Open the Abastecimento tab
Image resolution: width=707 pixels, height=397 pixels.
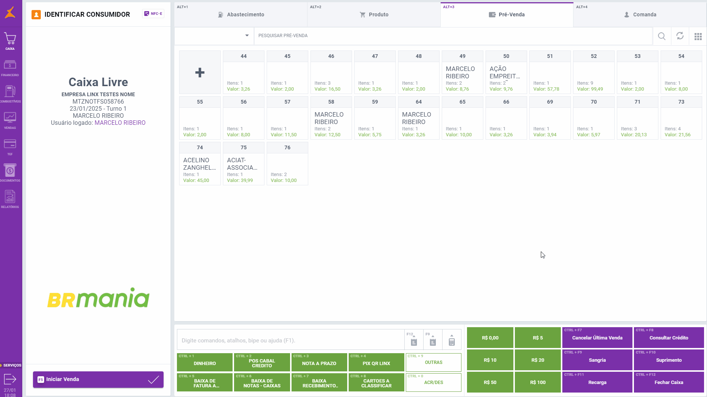(241, 15)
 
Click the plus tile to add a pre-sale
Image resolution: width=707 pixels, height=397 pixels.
(200, 72)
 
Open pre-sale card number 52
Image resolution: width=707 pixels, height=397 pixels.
(593, 72)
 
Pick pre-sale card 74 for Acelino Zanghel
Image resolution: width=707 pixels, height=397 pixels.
(200, 164)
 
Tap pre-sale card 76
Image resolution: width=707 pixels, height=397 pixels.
(287, 164)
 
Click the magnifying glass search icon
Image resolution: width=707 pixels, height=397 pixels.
(661, 36)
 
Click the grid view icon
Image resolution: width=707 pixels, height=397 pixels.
(698, 36)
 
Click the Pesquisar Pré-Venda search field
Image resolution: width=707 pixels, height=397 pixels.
(453, 36)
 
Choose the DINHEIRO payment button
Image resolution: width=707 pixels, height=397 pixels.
(205, 362)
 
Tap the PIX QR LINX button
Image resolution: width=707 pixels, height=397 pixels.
(376, 362)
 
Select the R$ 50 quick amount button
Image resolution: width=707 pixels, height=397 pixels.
(490, 382)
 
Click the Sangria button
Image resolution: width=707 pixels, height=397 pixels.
(597, 360)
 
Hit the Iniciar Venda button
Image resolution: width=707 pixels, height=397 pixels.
(98, 379)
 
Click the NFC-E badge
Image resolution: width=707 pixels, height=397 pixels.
(153, 14)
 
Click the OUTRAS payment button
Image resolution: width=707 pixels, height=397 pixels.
(433, 362)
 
